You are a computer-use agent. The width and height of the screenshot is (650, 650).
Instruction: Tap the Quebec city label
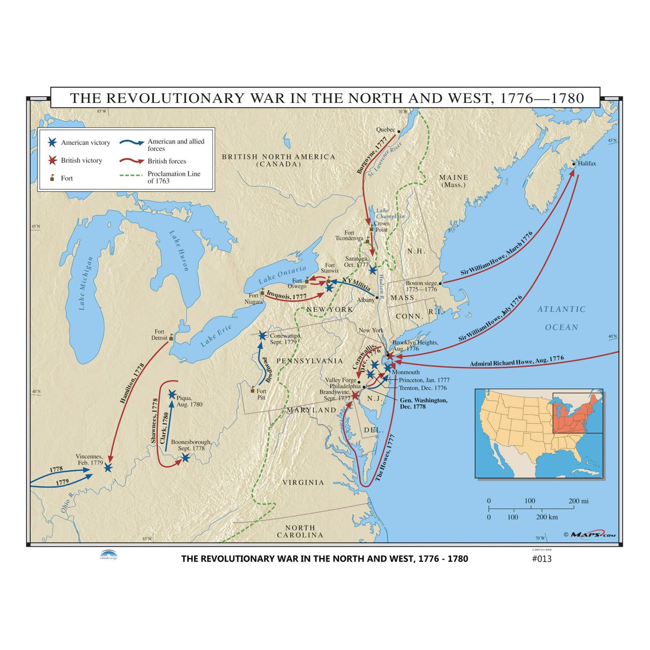(x=386, y=130)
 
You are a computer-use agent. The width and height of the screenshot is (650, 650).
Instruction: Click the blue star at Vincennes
(x=108, y=467)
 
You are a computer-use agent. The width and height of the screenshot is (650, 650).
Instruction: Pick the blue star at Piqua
(x=172, y=395)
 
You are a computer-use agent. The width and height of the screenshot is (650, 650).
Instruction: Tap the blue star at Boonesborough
(x=185, y=458)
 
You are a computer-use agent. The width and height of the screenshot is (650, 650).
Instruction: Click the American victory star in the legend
(x=52, y=142)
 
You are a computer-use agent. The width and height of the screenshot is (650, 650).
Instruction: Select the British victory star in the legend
(x=52, y=160)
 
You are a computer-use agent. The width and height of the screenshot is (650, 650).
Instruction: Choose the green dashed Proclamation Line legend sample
(x=131, y=175)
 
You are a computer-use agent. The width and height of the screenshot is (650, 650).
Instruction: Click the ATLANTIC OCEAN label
(x=561, y=318)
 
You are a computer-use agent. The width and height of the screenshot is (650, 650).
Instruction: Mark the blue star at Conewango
(x=262, y=336)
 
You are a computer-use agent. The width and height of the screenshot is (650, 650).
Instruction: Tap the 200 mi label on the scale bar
(x=578, y=501)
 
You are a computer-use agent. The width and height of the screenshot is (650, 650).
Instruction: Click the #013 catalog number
(x=541, y=558)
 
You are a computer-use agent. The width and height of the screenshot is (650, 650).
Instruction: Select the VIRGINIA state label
(x=303, y=482)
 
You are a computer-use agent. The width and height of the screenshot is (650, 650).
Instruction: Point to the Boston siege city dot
(x=440, y=283)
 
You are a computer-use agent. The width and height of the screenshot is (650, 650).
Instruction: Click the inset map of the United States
(x=539, y=433)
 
